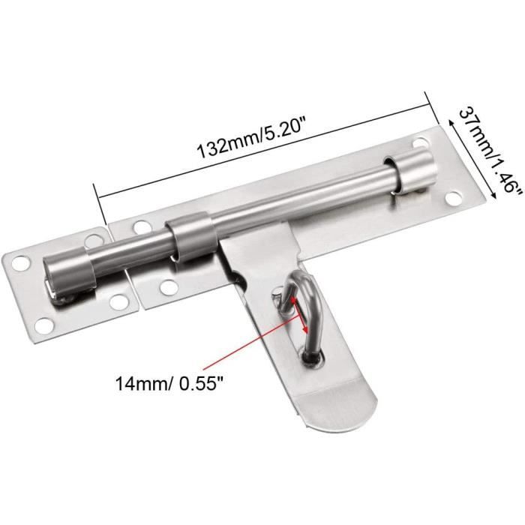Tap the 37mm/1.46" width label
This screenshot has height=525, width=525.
489,154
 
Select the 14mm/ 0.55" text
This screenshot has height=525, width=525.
169,383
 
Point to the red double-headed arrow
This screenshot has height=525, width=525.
300,313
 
